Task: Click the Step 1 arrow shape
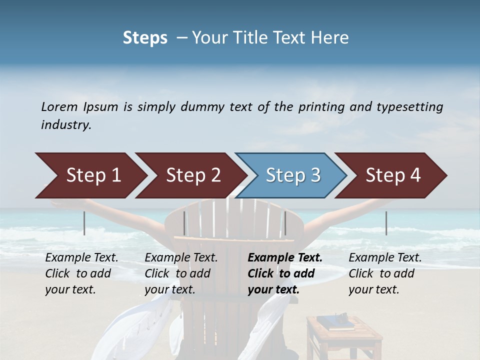[x=90, y=175]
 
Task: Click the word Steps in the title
[x=145, y=38]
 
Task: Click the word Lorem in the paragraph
[x=59, y=106]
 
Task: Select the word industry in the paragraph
[x=66, y=125]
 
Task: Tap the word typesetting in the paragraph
[x=409, y=106]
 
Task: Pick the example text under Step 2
[x=180, y=273]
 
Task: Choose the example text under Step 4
[x=384, y=273]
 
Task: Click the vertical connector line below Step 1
[x=84, y=223]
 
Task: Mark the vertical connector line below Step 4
[x=386, y=223]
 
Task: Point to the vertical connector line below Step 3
[x=285, y=223]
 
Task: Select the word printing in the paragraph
[x=321, y=106]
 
